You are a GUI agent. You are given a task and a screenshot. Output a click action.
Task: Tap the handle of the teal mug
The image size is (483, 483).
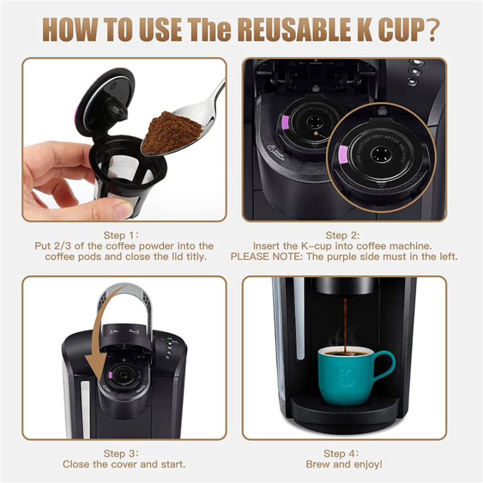click(385, 365)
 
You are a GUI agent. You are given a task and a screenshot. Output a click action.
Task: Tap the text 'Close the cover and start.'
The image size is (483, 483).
click(124, 464)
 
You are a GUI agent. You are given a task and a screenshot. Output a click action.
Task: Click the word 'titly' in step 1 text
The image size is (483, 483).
click(191, 257)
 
